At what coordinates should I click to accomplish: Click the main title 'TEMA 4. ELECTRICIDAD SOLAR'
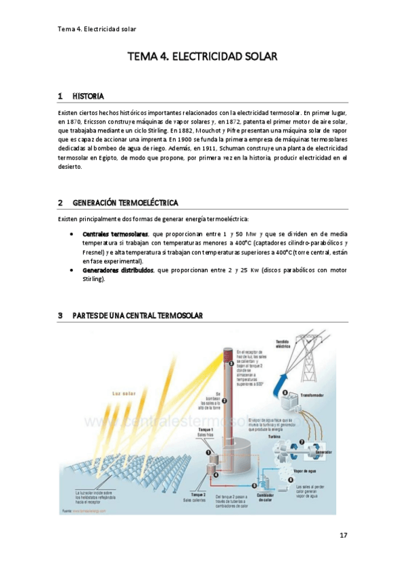coord(203,58)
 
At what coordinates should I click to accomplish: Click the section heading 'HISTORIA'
coord(88,96)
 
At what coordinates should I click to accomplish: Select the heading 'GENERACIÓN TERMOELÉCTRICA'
coord(125,202)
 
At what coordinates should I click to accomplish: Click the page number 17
coord(343,535)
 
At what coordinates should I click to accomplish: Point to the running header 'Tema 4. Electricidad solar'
coord(97,29)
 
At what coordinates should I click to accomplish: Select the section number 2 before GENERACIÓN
coord(60,202)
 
